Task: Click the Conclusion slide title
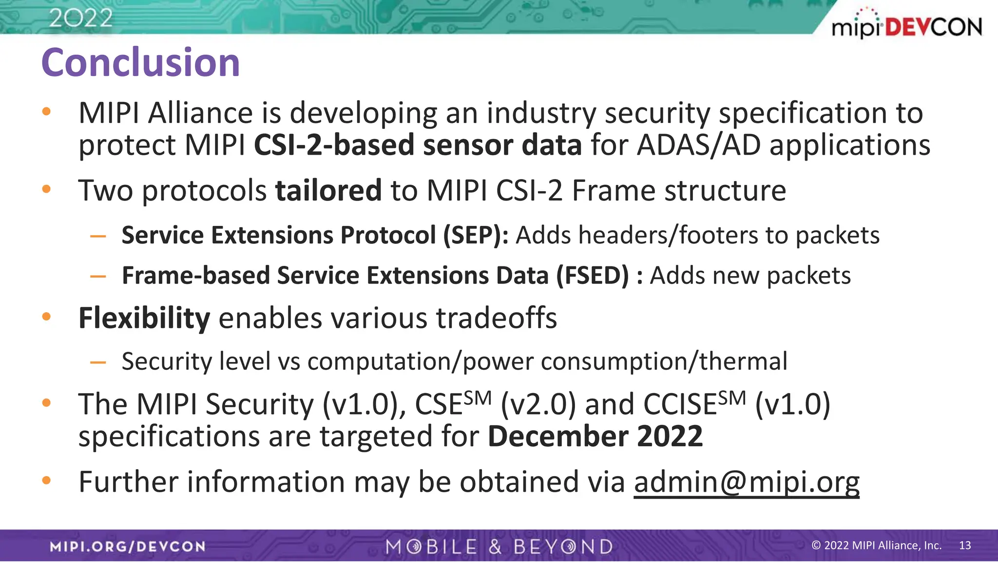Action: click(x=140, y=62)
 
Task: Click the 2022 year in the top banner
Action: click(x=81, y=19)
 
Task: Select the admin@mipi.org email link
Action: click(x=747, y=482)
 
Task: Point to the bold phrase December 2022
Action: click(x=595, y=436)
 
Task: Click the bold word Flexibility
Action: click(x=144, y=318)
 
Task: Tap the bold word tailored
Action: click(x=328, y=190)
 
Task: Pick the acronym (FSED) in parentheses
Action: click(x=593, y=276)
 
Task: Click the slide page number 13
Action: click(x=965, y=545)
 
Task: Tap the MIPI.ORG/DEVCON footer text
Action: click(x=128, y=546)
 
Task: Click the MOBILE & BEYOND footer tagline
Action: click(x=499, y=546)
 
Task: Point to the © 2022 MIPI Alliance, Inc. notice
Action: click(x=876, y=545)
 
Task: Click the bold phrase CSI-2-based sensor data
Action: click(x=418, y=145)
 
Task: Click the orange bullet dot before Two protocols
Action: click(x=46, y=189)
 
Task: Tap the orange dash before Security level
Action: click(x=98, y=362)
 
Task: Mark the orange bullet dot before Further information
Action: click(x=46, y=481)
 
